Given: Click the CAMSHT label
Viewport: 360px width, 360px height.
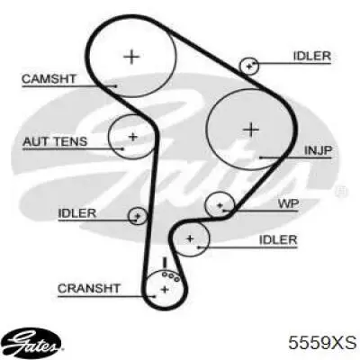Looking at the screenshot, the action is (x=49, y=79).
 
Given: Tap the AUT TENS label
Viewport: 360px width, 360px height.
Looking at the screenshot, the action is (x=55, y=141).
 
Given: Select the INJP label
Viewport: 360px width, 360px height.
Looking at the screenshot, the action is (x=318, y=150).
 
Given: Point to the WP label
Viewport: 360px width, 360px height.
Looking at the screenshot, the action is (x=288, y=204).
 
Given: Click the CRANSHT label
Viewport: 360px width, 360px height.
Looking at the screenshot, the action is (x=89, y=289).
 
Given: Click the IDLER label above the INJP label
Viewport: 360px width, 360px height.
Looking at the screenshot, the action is (x=312, y=56).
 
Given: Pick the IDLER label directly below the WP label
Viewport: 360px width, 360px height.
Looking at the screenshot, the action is (x=278, y=239).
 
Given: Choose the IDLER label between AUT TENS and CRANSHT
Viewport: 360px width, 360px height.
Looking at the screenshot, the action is (x=77, y=213).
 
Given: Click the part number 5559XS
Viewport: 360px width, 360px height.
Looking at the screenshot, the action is (x=322, y=343).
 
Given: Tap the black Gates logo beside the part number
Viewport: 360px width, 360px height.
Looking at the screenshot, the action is (x=33, y=343).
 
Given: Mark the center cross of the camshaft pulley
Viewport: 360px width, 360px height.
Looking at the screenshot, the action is (x=131, y=57).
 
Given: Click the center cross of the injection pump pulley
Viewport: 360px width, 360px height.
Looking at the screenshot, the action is (x=251, y=130).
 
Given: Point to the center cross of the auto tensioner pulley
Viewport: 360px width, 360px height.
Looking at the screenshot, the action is (x=132, y=137).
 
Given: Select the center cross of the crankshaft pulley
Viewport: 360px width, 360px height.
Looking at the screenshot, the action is (x=165, y=290).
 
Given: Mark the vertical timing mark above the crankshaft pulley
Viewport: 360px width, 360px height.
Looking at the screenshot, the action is (x=164, y=263).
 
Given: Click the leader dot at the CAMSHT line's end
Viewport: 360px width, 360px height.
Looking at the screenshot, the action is (x=116, y=86).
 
